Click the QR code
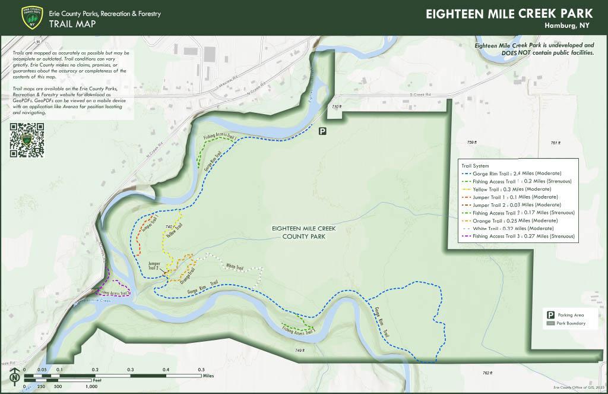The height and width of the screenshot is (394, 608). (27, 140)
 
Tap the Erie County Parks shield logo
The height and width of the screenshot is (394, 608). (31, 18)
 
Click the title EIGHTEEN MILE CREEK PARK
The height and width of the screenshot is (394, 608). (509, 14)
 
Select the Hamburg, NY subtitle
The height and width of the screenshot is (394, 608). (567, 26)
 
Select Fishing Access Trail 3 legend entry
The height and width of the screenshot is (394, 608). (518, 236)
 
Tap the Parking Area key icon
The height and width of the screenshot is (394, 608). (550, 315)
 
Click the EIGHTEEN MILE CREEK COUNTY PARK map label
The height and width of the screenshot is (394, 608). (299, 232)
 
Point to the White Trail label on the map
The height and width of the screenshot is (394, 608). (235, 268)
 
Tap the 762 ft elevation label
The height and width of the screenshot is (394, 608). (487, 373)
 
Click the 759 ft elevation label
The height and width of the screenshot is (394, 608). (471, 143)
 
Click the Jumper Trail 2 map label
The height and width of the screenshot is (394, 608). (154, 265)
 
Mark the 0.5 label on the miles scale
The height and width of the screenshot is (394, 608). (201, 369)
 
